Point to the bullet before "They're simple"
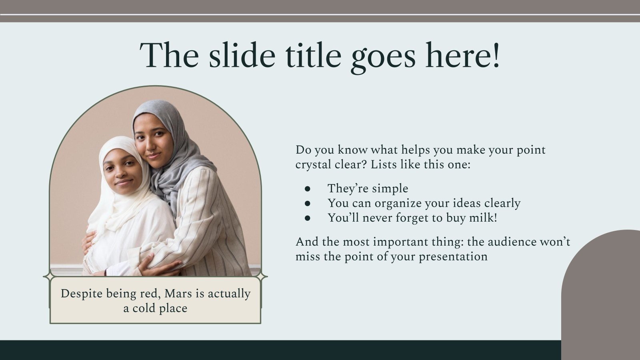[x=307, y=189]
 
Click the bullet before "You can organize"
[x=307, y=204]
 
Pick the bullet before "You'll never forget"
[x=307, y=218]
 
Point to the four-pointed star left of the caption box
[x=49, y=276]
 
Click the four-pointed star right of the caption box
[x=261, y=276]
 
